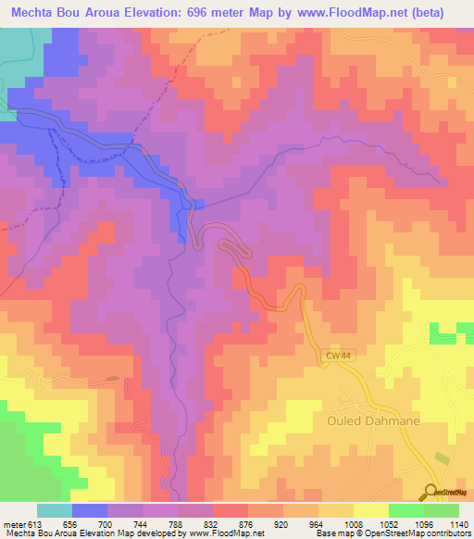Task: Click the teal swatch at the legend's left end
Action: coord(55,510)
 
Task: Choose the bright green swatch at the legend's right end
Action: coord(441,510)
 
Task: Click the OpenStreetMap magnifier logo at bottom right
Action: coord(430,491)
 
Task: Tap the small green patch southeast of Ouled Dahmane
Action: coord(441,458)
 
